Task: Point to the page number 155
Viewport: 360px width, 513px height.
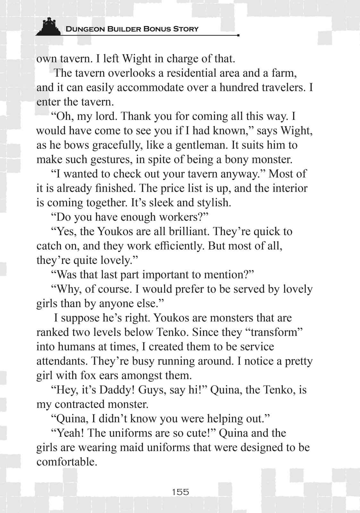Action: point(180,492)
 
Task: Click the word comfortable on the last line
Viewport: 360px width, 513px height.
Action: point(66,462)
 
